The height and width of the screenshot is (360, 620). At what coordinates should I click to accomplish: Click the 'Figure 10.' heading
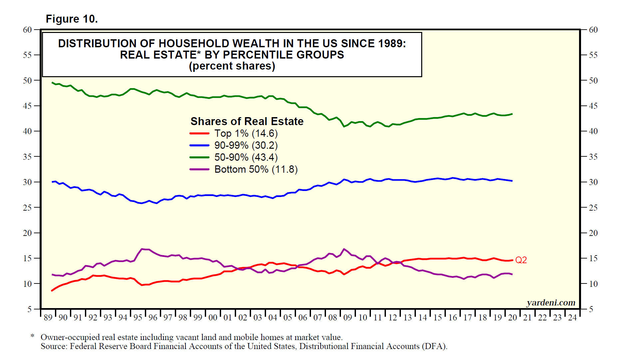(x=72, y=19)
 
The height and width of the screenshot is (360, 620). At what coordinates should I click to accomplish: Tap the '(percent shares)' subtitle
(x=232, y=66)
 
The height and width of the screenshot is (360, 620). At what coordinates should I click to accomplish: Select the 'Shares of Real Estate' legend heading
(x=247, y=121)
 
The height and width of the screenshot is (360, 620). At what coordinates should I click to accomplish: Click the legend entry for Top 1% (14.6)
(x=246, y=133)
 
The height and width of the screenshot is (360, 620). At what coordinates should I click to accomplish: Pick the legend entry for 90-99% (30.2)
(x=246, y=145)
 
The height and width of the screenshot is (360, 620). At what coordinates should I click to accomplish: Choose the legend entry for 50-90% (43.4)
(x=246, y=157)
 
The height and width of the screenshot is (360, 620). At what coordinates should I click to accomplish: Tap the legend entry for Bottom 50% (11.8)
(x=256, y=169)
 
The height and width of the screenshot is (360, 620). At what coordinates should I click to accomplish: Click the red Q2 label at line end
(x=521, y=260)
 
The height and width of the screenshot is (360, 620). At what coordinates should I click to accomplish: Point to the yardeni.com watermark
(x=551, y=302)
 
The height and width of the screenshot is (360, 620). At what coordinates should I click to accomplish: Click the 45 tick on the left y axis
(x=27, y=106)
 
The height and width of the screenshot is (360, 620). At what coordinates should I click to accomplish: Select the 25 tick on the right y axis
(x=593, y=208)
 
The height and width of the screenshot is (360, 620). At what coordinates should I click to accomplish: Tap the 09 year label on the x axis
(x=348, y=317)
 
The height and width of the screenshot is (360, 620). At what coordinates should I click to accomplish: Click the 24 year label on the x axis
(x=572, y=317)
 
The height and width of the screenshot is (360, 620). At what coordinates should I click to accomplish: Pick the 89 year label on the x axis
(x=48, y=317)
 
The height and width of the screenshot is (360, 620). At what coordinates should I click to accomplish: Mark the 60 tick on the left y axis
(x=27, y=30)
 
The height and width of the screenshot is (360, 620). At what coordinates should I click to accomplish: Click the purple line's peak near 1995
(x=143, y=249)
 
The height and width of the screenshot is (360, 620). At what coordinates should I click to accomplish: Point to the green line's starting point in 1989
(x=52, y=83)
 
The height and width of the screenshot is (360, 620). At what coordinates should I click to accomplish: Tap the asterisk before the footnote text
(x=32, y=336)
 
